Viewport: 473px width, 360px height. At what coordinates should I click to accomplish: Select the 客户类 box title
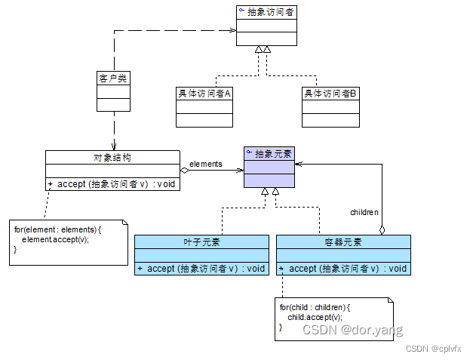[x=113, y=77]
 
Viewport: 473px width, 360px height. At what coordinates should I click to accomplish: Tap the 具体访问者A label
[x=204, y=94]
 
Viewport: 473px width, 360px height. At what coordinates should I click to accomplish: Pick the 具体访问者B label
[x=330, y=94]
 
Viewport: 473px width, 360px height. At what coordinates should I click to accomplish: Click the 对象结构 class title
[x=112, y=157]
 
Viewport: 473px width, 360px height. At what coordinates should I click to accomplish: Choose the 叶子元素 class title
[x=201, y=242]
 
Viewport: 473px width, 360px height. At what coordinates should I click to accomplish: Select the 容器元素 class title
[x=343, y=242]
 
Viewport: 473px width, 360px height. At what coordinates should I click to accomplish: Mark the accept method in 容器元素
[x=348, y=269]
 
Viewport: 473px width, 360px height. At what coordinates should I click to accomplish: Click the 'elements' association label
[x=206, y=163]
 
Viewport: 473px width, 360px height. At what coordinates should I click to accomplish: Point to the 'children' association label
[x=364, y=212]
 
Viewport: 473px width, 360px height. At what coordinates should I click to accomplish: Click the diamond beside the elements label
[x=184, y=170]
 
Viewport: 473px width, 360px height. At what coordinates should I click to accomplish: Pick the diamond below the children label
[x=382, y=229]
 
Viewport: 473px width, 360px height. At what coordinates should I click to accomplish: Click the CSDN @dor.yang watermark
[x=352, y=330]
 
